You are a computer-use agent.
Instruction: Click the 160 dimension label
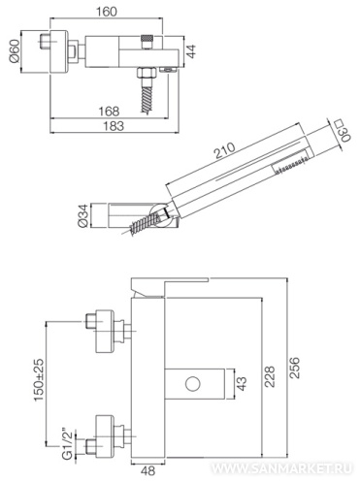point(107,12)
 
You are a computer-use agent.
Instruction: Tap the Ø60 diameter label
point(15,51)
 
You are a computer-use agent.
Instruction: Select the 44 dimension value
point(191,51)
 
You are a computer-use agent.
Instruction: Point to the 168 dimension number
point(109,112)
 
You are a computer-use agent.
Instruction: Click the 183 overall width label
point(114,126)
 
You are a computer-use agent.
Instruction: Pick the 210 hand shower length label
point(225,150)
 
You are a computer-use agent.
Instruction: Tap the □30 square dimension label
point(343,131)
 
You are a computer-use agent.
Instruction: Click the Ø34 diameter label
point(82,215)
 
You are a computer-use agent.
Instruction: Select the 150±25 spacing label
point(39,380)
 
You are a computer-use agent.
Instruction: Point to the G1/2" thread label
point(66,443)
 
